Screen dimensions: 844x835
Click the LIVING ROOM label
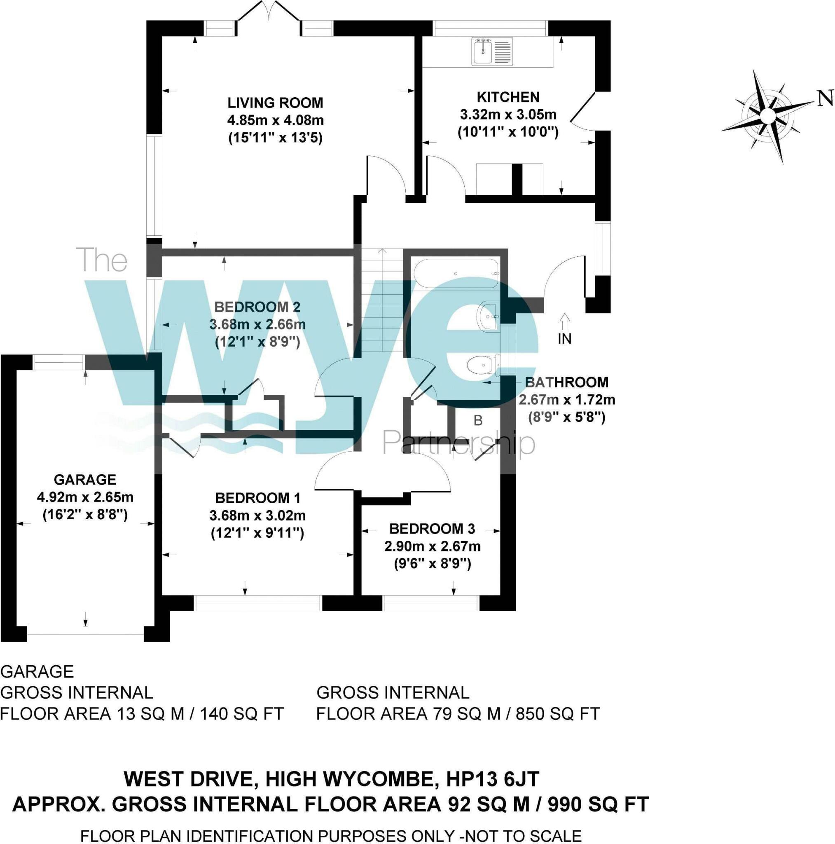275,103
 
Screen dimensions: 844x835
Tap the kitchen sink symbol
492,52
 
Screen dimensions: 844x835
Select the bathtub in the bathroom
455,274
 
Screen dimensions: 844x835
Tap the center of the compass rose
767,116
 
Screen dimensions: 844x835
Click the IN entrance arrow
564,322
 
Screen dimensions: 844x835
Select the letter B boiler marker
478,421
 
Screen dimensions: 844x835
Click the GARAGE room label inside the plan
85,480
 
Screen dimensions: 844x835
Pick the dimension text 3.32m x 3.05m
508,115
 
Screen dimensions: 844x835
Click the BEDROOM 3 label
432,529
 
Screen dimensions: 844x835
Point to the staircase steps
382,301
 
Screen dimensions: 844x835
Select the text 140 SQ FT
241,714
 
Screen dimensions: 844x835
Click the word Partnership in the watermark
458,443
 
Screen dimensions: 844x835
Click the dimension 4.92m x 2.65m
85,497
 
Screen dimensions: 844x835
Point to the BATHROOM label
566,382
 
